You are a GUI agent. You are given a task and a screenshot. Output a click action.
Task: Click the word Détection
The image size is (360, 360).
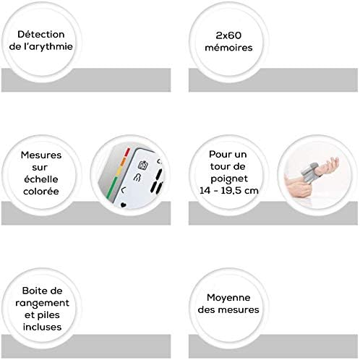click(x=41, y=34)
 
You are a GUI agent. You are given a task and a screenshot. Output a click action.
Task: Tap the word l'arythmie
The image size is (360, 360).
click(x=48, y=46)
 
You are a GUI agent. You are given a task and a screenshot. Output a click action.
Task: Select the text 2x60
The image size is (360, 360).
click(x=228, y=35)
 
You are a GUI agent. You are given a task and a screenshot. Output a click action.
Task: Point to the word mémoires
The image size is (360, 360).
click(x=228, y=48)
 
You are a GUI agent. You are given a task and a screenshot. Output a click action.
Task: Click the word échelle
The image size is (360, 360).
click(x=41, y=179)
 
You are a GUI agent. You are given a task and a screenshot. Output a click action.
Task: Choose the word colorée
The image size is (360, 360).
click(x=41, y=192)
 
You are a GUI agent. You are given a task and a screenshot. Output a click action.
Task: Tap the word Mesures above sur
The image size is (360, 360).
click(x=41, y=155)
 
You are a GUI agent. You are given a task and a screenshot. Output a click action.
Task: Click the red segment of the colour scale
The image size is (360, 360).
click(x=127, y=153)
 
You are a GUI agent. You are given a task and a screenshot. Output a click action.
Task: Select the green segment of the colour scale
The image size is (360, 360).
click(x=111, y=188)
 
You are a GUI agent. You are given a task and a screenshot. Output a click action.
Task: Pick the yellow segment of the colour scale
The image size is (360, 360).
click(x=119, y=171)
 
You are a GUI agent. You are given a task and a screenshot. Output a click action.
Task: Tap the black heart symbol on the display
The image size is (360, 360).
click(x=123, y=205)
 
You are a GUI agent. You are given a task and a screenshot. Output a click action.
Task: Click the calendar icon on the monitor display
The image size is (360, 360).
click(x=143, y=165)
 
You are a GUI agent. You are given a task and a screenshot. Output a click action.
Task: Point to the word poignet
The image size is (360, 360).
click(x=229, y=179)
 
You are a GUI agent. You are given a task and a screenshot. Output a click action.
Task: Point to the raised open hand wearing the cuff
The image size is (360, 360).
click(x=329, y=166)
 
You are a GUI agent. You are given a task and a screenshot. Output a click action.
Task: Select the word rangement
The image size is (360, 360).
click(x=42, y=303)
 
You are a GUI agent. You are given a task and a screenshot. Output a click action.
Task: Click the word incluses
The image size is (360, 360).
click(x=42, y=327)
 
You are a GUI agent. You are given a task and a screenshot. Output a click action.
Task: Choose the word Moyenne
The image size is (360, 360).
click(x=228, y=298)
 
